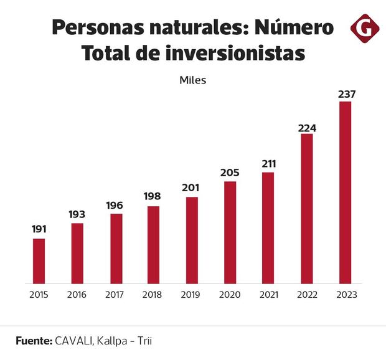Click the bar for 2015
tap(39, 261)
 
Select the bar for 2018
tap(153, 245)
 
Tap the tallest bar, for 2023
tap(345, 192)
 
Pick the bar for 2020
tap(230, 232)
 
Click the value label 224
tap(307, 128)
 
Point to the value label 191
tap(39, 230)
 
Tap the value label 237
tap(345, 94)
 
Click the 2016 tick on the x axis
tap(77, 295)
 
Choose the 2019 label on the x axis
tap(192, 295)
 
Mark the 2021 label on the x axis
tap(268, 295)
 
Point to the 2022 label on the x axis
tap(307, 295)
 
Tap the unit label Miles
tap(192, 80)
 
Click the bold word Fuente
tap(32, 341)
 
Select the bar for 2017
tap(116, 249)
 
